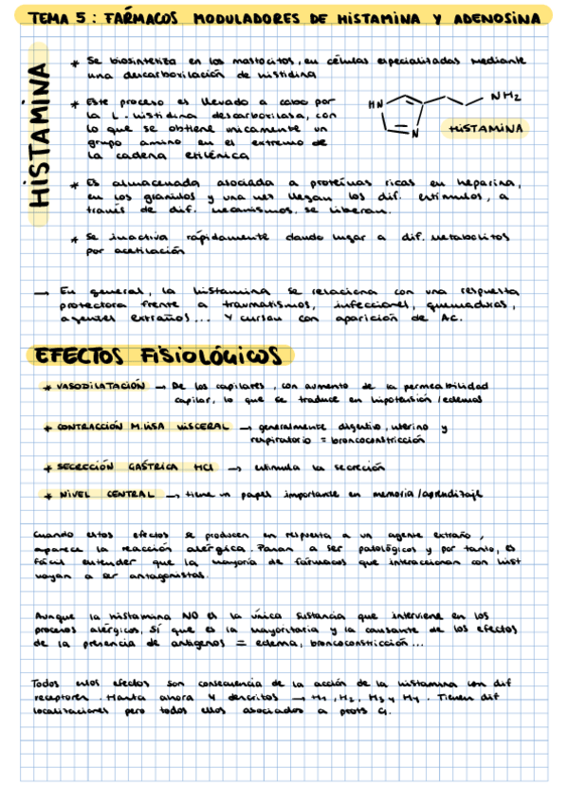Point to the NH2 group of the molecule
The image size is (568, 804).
505,95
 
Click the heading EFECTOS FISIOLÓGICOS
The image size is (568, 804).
159,356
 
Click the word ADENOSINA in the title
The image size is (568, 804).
498,18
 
